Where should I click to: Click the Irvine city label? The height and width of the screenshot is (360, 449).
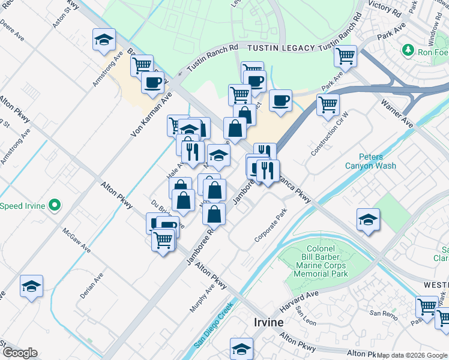coord(265,322)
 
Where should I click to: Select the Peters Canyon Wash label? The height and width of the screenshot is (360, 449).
coord(370,161)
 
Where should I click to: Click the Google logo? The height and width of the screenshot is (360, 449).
coord(19,353)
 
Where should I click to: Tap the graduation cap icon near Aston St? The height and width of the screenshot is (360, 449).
coord(104,40)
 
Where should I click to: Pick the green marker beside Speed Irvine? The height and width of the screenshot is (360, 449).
coord(55,206)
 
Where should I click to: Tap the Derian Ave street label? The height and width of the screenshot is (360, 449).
coord(91,287)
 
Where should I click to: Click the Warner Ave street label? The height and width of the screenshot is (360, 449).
coord(397,113)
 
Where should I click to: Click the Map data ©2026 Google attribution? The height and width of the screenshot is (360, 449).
coord(412,355)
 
